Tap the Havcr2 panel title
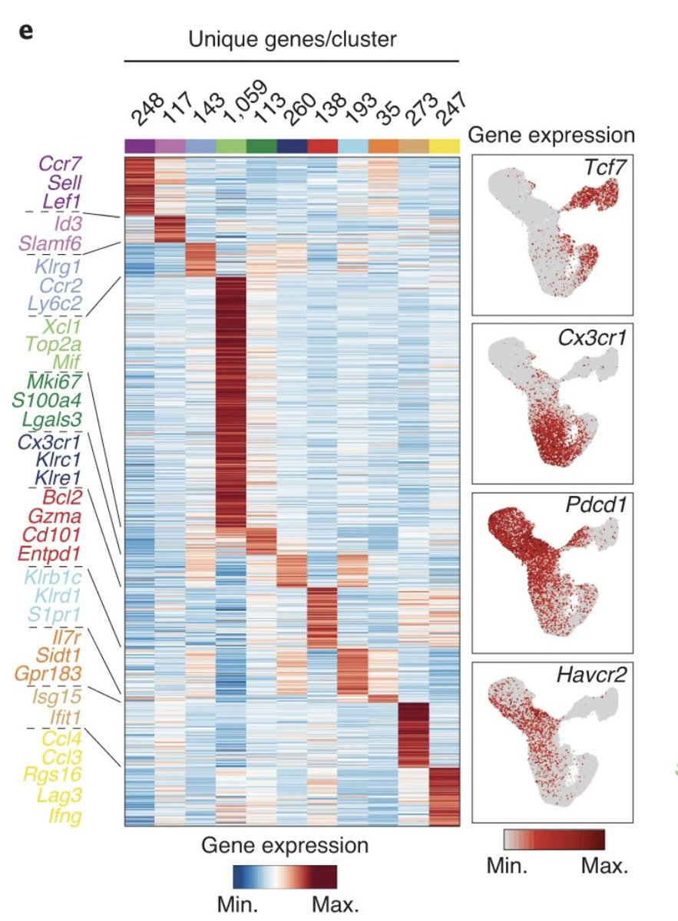click(x=599, y=675)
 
